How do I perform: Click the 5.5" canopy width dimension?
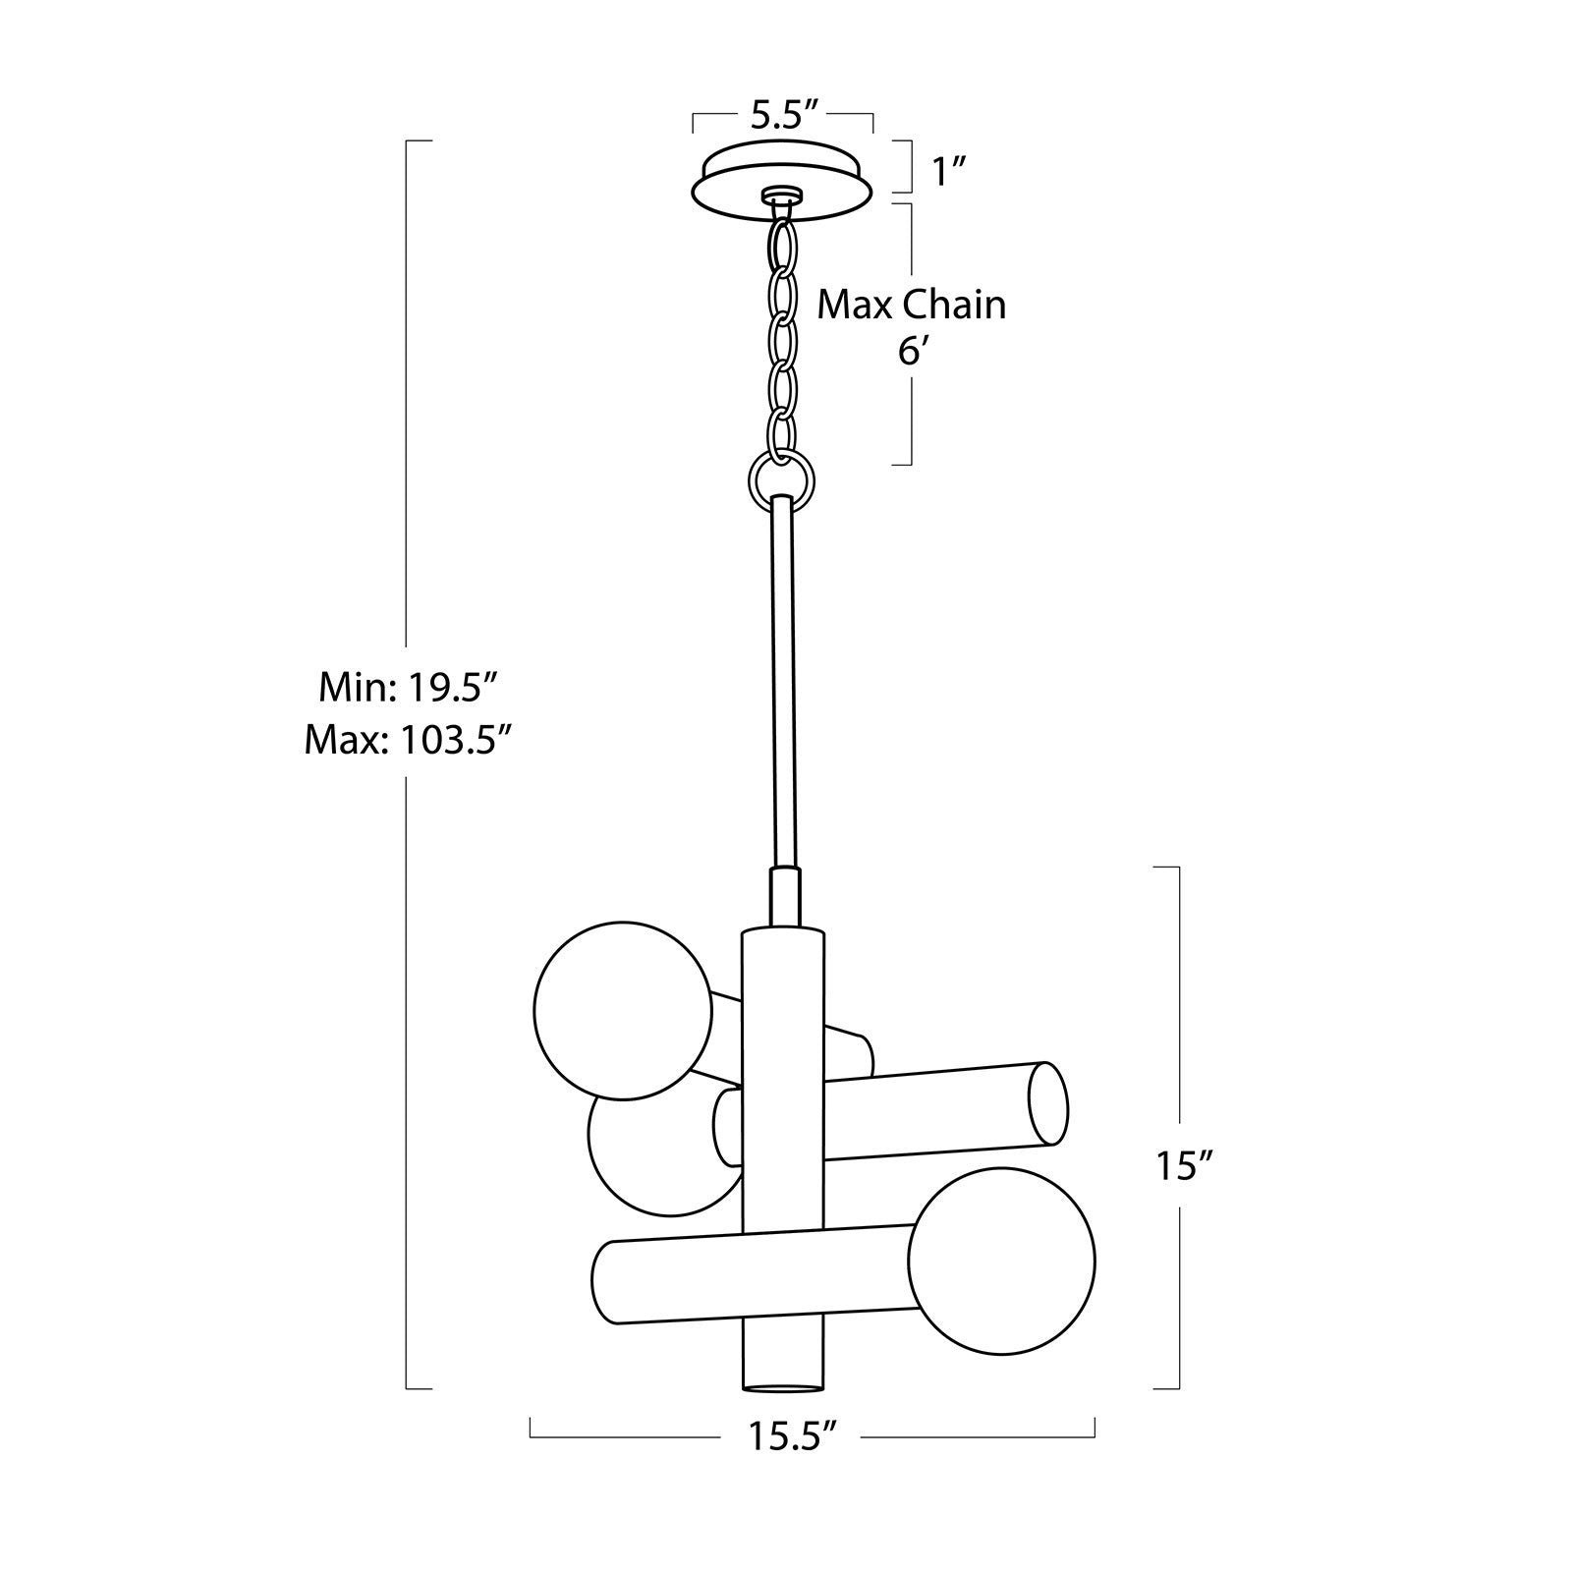pos(784,116)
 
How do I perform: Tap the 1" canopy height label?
pos(950,173)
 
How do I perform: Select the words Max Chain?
pos(913,306)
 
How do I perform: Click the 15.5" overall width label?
pos(793,1437)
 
